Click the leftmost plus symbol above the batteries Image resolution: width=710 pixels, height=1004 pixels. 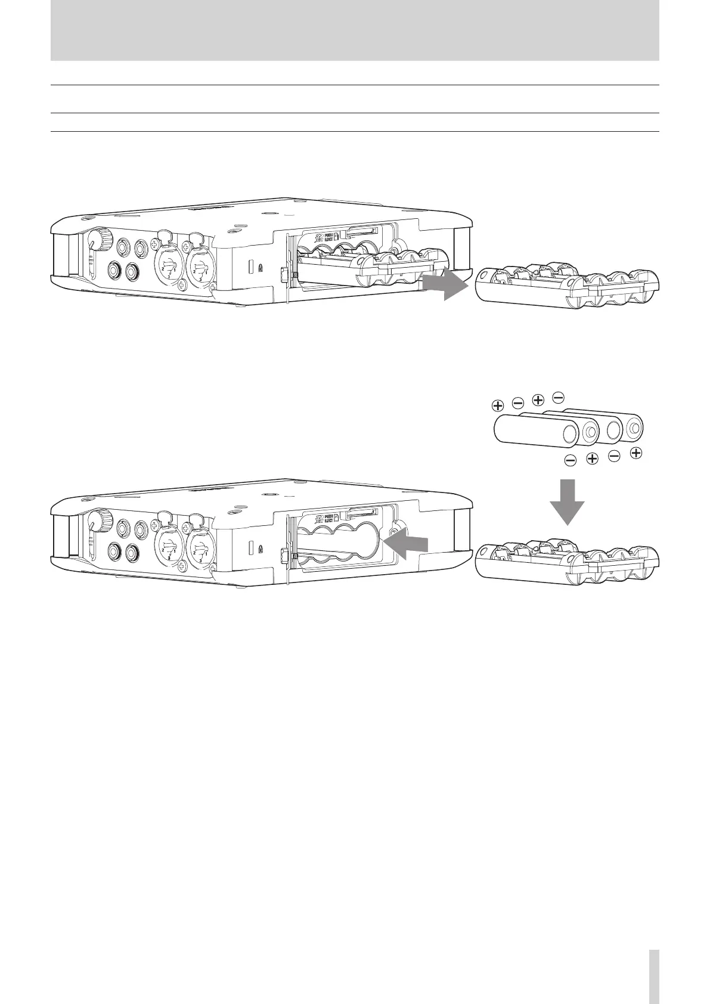(497, 406)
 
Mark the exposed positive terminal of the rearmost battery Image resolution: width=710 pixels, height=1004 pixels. (635, 427)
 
